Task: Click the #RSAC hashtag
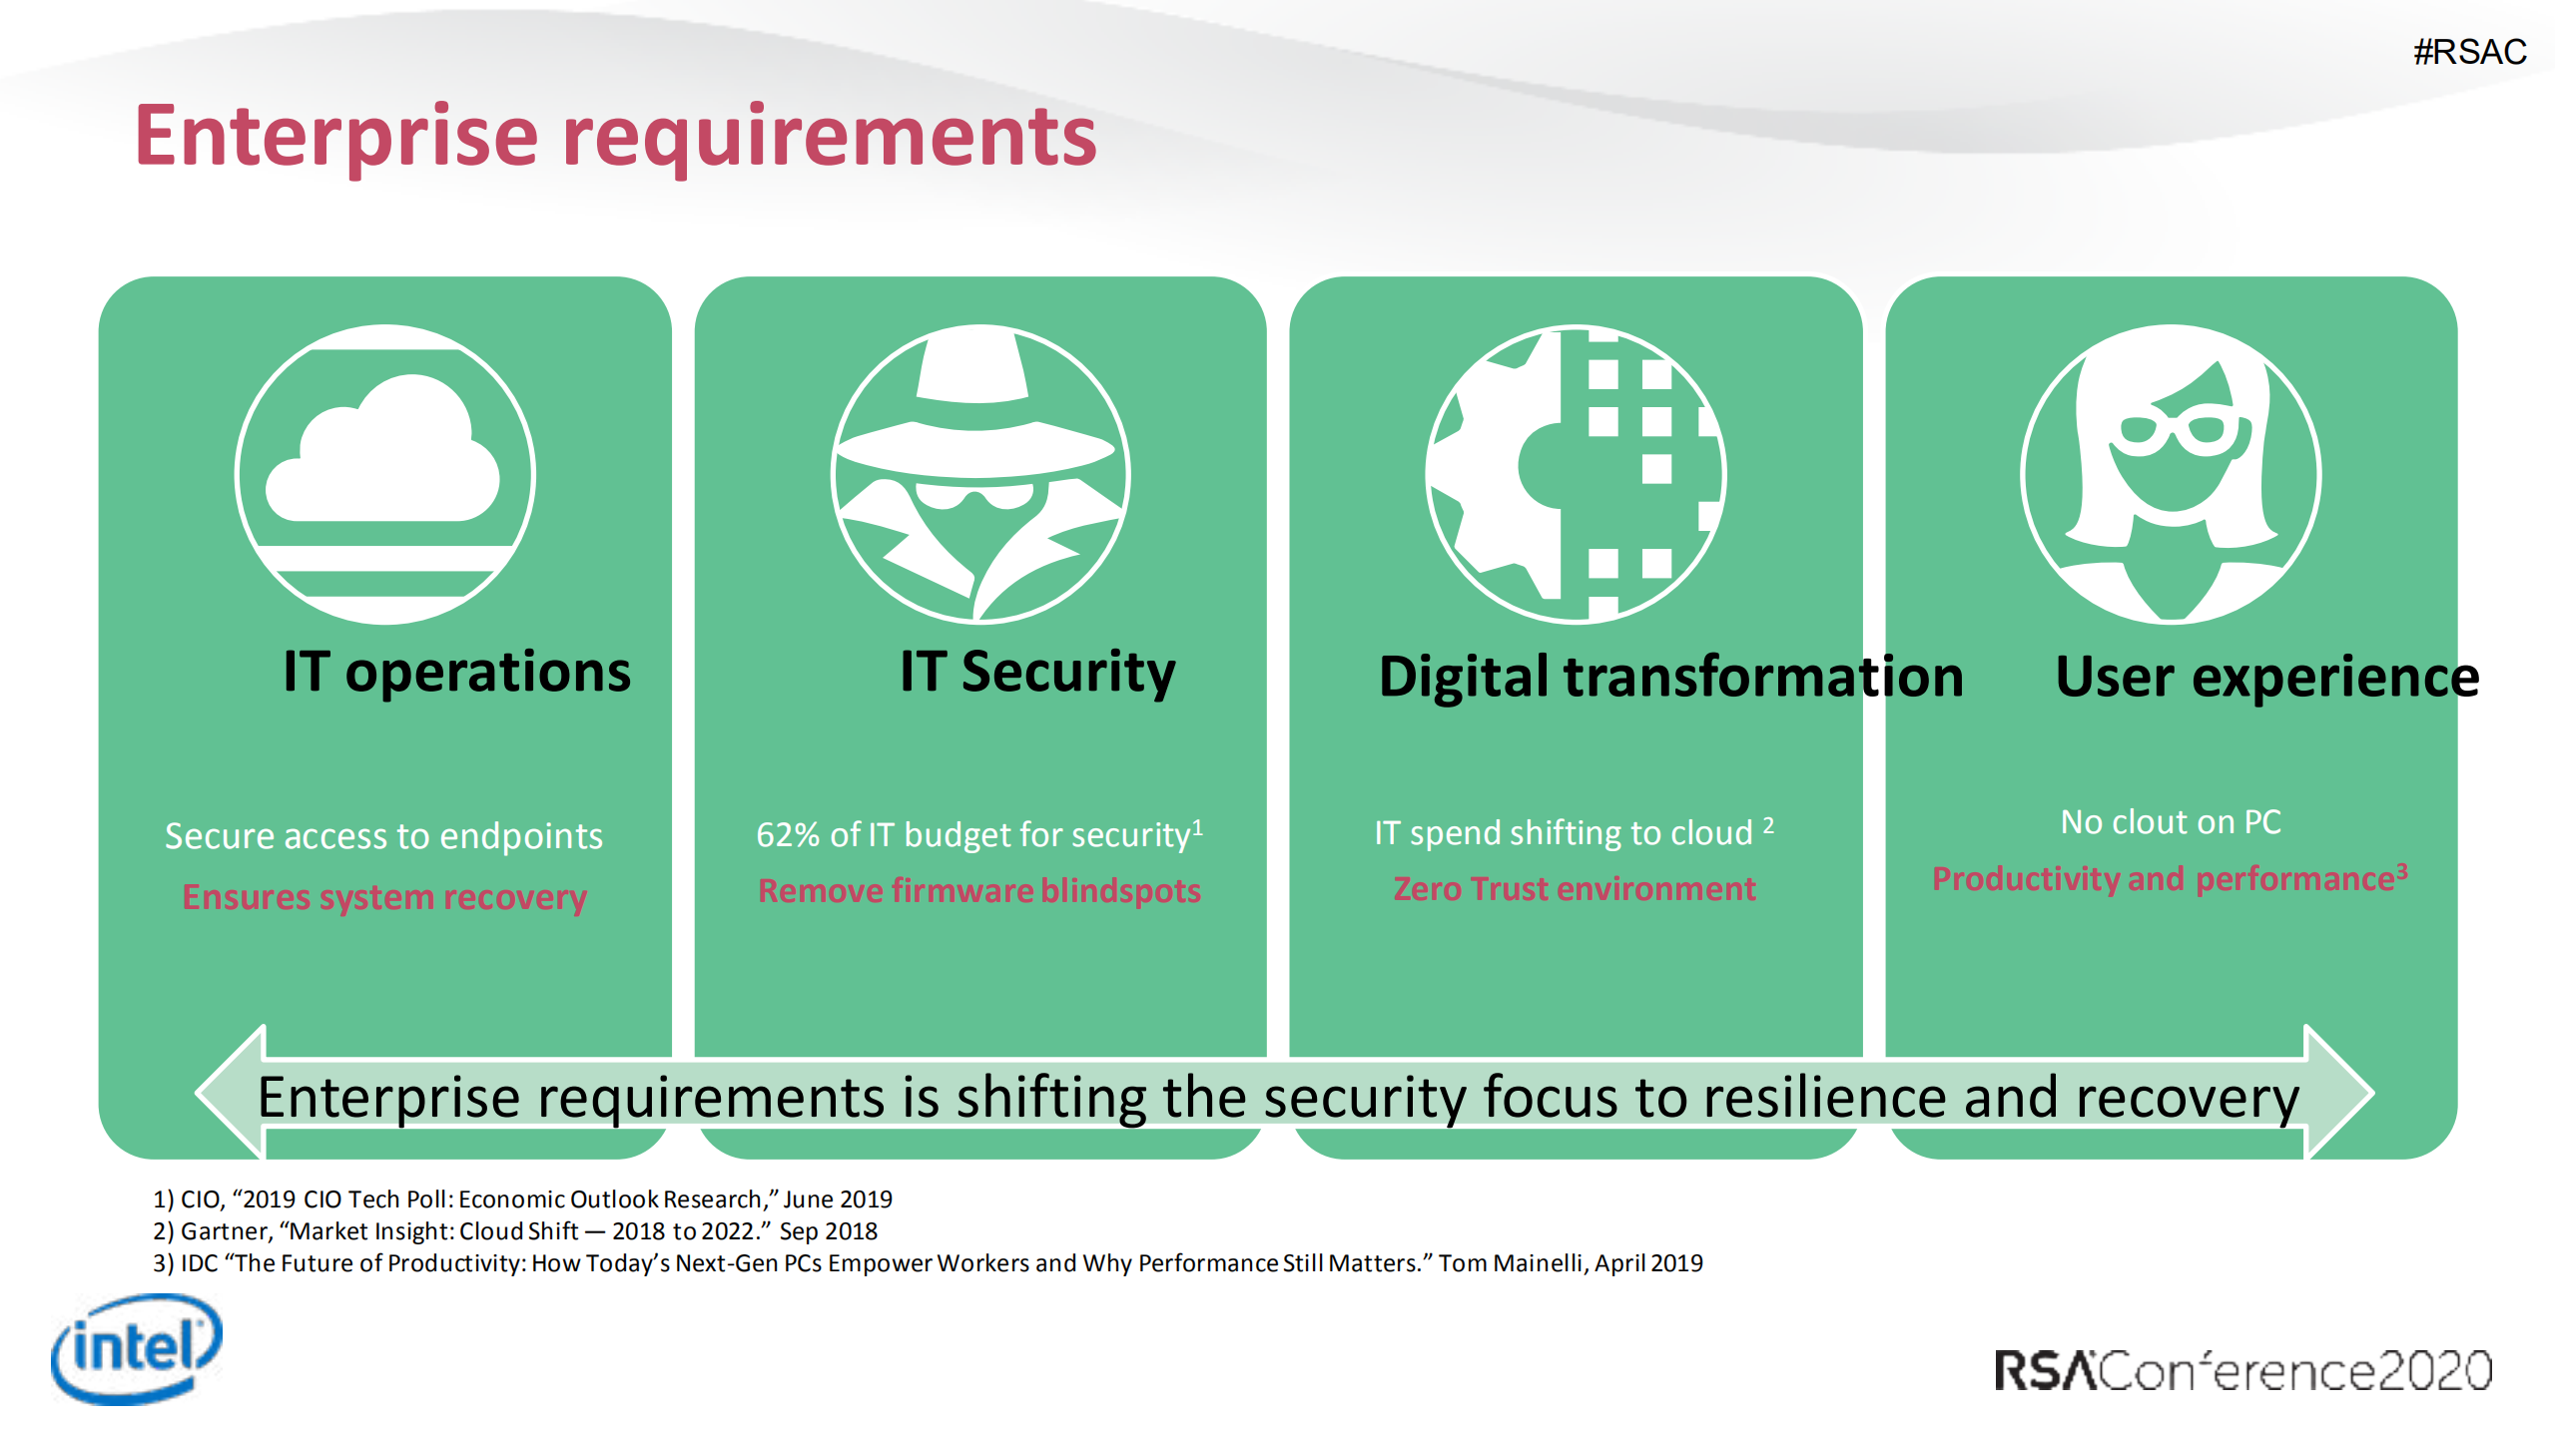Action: tap(2469, 52)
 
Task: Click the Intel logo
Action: tap(137, 1348)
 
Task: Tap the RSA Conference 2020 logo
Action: tap(2242, 1370)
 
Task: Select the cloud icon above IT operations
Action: tap(383, 448)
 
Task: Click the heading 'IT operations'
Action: tap(457, 672)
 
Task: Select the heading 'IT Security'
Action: tap(1037, 673)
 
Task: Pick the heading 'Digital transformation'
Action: tap(1670, 677)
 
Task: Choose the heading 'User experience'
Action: tap(2267, 678)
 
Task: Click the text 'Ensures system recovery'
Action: tap(384, 897)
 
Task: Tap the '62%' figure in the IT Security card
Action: tap(788, 834)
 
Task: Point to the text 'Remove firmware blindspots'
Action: tap(979, 890)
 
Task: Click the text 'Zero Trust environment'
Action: tap(1575, 888)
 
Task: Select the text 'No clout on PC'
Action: tap(2171, 821)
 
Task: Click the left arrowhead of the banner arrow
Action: tap(231, 1092)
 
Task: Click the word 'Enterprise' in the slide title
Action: tap(337, 137)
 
